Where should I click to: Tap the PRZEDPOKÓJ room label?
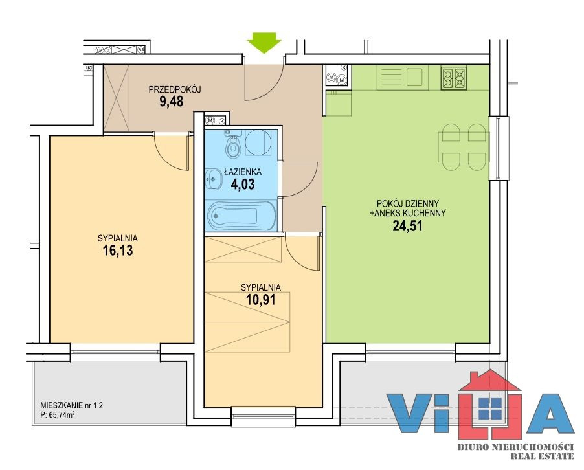click(175, 89)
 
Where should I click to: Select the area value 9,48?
click(172, 102)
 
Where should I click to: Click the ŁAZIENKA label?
click(243, 172)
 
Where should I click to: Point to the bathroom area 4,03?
click(243, 185)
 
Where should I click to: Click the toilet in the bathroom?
click(234, 146)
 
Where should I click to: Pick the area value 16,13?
click(118, 251)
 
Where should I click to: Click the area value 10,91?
click(261, 300)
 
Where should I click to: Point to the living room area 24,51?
click(408, 226)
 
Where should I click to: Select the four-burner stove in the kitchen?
click(454, 78)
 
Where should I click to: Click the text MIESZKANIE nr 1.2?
click(71, 405)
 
